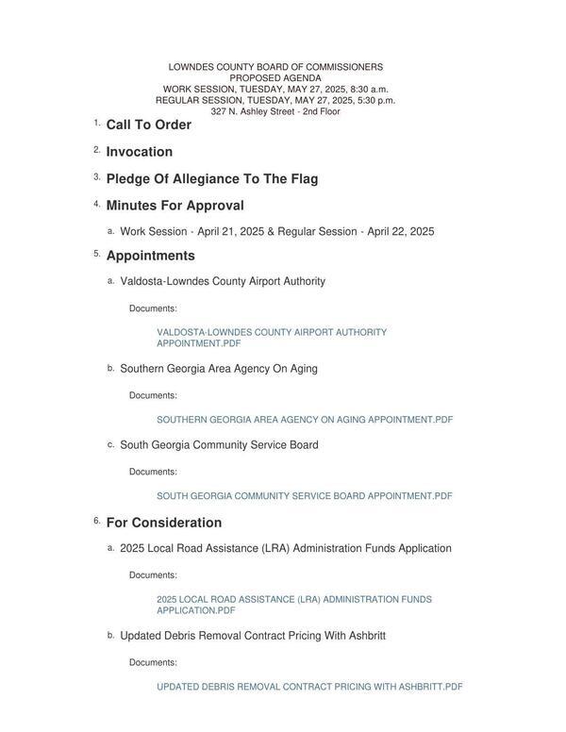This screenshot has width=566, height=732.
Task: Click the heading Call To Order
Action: [148, 125]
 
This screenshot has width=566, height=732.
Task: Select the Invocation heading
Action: [139, 152]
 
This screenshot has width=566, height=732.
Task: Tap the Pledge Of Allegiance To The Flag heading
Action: [211, 179]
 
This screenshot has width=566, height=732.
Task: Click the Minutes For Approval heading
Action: [175, 206]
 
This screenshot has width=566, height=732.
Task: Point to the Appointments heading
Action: [150, 256]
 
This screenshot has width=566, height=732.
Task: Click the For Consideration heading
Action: [163, 523]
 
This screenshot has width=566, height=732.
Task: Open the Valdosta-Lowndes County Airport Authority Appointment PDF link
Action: [271, 338]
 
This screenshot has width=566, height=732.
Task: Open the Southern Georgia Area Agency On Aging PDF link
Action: [304, 420]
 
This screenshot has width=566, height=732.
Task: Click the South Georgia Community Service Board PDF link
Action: [304, 496]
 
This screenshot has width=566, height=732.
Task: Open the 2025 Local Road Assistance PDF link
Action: [293, 605]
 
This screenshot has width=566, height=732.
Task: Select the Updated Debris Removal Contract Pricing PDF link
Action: [308, 687]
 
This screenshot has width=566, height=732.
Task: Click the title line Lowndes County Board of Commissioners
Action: [275, 68]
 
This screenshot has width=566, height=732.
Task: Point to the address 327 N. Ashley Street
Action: [275, 111]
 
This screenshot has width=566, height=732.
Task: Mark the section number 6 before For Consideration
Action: [95, 521]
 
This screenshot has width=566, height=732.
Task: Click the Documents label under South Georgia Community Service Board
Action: [153, 472]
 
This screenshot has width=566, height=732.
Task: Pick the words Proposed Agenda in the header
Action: [275, 78]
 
